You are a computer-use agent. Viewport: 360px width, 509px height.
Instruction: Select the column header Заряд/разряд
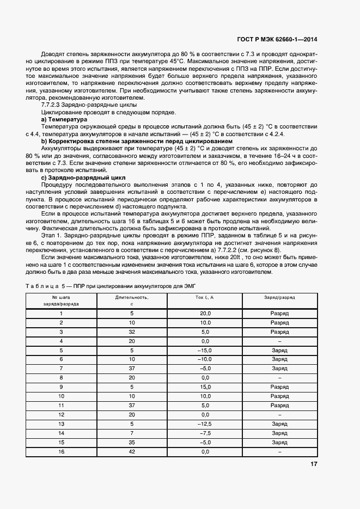click(279, 297)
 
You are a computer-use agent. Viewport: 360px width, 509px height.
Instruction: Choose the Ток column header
click(205, 297)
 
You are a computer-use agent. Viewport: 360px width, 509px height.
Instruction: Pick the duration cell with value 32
click(131, 332)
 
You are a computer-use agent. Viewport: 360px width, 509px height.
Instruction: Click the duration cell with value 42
click(131, 451)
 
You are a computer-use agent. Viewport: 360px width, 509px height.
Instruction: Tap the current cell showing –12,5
click(205, 424)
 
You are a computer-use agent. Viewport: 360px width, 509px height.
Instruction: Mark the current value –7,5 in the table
click(205, 433)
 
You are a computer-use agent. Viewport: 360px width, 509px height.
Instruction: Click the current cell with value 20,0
click(205, 314)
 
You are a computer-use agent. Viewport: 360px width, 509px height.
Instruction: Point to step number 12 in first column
click(62, 414)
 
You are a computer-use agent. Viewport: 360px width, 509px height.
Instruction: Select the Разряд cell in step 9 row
click(279, 387)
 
